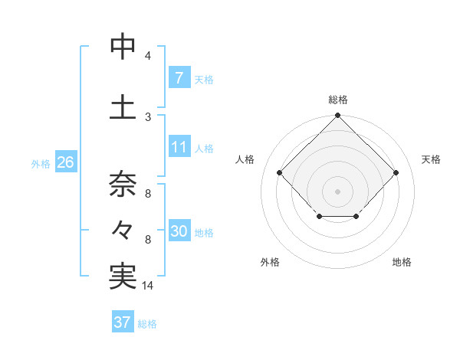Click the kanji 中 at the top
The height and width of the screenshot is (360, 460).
[x=123, y=47]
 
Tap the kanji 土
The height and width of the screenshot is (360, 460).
[x=123, y=106]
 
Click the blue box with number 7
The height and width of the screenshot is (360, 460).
[x=179, y=78]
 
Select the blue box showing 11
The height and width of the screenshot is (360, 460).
[x=179, y=148]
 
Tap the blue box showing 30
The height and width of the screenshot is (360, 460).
[x=179, y=232]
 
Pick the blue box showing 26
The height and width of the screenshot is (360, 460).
[x=65, y=163]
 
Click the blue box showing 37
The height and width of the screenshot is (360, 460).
[x=123, y=322]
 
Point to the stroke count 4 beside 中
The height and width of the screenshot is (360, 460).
[x=147, y=56]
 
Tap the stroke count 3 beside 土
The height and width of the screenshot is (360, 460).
[x=147, y=116]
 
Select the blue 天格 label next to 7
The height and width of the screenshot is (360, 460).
[x=204, y=79]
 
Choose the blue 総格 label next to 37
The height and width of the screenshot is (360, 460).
[x=147, y=324]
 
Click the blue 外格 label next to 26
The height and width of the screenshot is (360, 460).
[x=40, y=164]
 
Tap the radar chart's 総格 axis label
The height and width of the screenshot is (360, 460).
[x=338, y=100]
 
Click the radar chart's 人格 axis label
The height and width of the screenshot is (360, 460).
[x=245, y=159]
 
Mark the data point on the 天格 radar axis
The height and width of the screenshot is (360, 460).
[x=396, y=173]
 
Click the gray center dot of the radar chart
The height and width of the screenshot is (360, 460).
[x=337, y=191]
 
